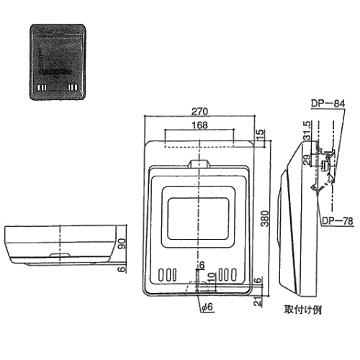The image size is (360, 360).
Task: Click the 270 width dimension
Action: coord(199,112)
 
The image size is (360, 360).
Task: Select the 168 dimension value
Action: coord(199,125)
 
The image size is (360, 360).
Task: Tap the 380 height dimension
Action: coord(265,218)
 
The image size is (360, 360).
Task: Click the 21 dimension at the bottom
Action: coord(258,301)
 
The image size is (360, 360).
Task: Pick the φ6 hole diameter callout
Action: coord(207,307)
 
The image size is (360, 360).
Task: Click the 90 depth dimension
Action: coord(122,243)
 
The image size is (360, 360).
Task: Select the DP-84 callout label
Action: coord(328,104)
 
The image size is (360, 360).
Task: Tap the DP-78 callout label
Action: coord(338,221)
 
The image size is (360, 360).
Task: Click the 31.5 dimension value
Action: coord(307,130)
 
